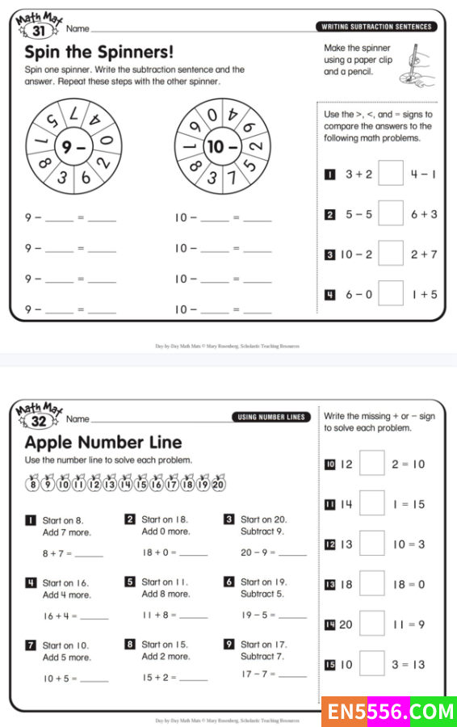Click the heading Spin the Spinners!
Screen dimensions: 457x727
tap(99, 52)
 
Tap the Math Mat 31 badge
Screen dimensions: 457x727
tap(39, 26)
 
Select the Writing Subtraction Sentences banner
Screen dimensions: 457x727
tap(376, 27)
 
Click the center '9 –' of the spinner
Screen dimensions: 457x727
tap(73, 147)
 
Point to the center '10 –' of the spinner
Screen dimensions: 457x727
tap(223, 147)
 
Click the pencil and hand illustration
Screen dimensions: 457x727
tap(417, 65)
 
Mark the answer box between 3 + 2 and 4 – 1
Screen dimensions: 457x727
tap(390, 174)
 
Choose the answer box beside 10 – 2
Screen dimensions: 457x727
tap(390, 254)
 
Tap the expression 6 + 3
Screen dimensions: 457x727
tap(424, 214)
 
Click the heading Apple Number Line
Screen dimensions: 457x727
tap(103, 443)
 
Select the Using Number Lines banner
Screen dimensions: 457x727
tap(271, 418)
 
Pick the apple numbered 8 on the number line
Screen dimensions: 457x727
tap(33, 483)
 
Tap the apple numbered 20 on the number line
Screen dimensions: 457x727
tap(218, 483)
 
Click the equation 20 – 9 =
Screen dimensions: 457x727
tap(258, 553)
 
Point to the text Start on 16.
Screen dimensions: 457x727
tap(65, 582)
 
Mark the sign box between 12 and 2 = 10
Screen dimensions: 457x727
tap(371, 463)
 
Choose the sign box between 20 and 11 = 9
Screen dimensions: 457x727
tap(371, 624)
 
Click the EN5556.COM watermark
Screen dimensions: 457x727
tap(389, 712)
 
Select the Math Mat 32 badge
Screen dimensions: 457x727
tap(39, 416)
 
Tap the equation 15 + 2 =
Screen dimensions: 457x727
tap(159, 678)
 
